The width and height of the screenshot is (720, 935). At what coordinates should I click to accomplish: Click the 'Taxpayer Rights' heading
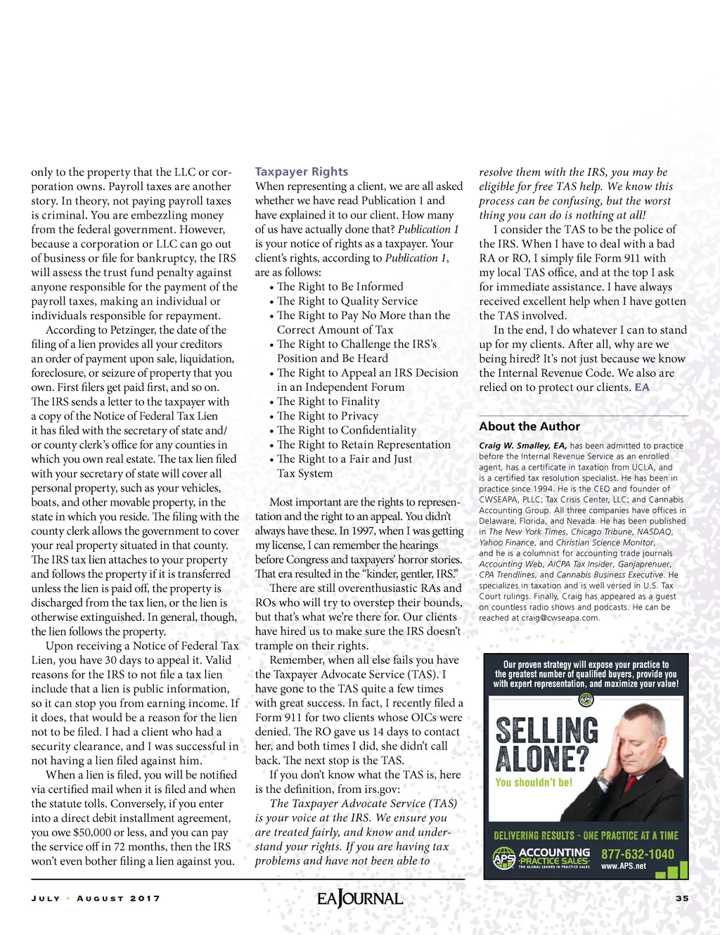click(301, 172)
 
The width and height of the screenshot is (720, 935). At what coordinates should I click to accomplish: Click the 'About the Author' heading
click(529, 426)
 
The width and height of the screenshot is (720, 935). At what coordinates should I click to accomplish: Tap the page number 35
click(682, 898)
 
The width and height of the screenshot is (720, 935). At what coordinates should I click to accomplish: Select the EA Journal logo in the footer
click(359, 898)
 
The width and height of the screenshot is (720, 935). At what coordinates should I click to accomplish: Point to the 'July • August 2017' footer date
click(96, 898)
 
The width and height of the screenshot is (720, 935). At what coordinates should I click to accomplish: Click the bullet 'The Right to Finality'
click(328, 401)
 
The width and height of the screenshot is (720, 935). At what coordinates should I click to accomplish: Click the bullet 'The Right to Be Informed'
click(340, 287)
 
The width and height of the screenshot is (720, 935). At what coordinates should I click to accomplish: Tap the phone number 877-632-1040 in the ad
click(638, 854)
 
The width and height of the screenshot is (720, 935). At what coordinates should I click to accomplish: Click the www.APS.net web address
click(623, 866)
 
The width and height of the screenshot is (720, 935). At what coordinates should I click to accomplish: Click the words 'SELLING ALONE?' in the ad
click(546, 744)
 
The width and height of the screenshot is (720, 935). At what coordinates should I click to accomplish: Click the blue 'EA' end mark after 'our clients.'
click(642, 387)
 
